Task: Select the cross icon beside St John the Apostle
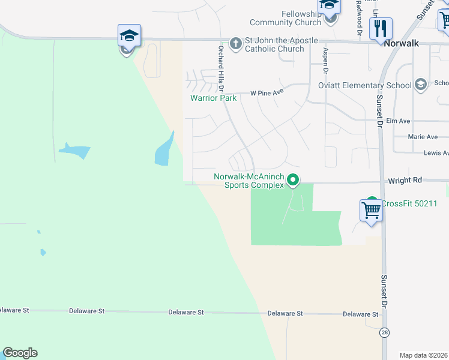[x=236, y=43]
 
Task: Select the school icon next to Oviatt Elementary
[x=420, y=84]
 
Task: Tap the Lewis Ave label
[x=436, y=154]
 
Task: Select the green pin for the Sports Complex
[x=293, y=179]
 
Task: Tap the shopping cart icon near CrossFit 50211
[x=371, y=211]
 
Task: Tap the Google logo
[x=20, y=353]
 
